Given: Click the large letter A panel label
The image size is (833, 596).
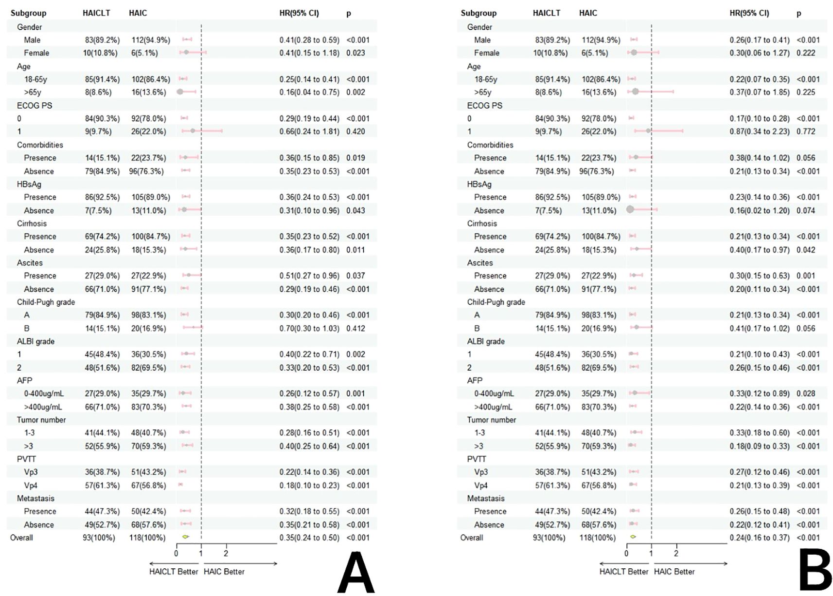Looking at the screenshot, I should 356,573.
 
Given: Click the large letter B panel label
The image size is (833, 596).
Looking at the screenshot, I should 815,573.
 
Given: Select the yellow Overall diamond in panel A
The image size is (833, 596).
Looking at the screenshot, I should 185,537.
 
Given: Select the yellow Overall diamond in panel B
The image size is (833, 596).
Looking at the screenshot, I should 633,537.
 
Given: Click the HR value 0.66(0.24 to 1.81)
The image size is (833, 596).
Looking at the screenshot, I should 309,131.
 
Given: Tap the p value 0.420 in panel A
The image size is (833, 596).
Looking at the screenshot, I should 355,131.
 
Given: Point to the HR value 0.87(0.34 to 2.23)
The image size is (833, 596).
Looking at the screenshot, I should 759,131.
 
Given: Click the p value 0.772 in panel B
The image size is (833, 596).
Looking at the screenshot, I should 806,131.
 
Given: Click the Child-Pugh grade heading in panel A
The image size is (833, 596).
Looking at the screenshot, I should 46,302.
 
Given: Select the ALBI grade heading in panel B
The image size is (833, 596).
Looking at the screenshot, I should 486,341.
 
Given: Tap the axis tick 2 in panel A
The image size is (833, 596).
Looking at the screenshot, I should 226,554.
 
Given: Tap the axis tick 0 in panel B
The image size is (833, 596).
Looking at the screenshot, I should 626,554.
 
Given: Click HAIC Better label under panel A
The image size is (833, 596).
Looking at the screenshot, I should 224,572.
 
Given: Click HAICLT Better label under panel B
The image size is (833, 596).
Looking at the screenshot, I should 623,572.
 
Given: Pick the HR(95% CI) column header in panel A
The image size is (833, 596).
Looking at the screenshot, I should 299,13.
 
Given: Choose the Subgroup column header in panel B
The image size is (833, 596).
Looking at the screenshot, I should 479,13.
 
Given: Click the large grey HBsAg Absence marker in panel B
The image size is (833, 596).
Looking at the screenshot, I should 630,209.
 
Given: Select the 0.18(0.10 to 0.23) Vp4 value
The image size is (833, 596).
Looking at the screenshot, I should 309,485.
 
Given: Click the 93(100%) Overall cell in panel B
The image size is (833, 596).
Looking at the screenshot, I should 549,538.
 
